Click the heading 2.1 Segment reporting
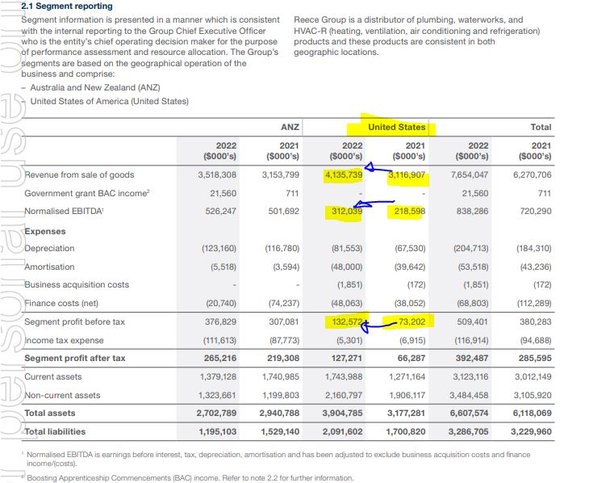(x=67, y=6)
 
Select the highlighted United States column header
(x=397, y=127)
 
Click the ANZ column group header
(x=290, y=127)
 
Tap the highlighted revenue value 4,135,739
(x=344, y=175)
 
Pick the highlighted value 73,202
(x=411, y=321)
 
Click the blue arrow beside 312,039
(x=374, y=204)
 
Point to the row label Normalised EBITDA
(x=64, y=211)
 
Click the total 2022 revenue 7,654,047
(x=470, y=175)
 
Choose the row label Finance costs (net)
(x=61, y=303)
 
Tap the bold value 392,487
(x=472, y=358)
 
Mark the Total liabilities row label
(x=55, y=431)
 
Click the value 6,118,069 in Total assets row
(x=533, y=413)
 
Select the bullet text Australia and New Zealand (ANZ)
(x=95, y=88)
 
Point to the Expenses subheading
(x=45, y=231)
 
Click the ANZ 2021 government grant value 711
(x=292, y=193)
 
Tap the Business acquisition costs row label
(x=77, y=285)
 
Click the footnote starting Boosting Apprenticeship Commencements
(x=190, y=477)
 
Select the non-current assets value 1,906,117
(x=407, y=395)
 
